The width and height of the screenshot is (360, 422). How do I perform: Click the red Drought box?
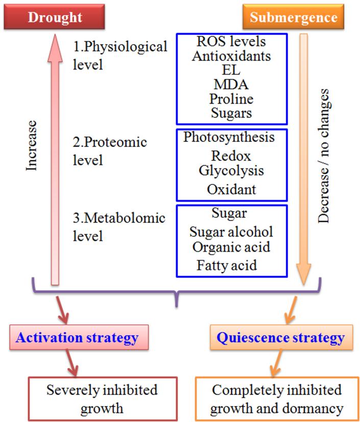pos(55,17)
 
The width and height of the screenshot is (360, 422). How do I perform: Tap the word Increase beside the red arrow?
pos(32,145)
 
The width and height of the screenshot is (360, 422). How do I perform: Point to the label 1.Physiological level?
pos(120,56)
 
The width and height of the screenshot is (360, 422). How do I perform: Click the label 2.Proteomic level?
pos(110,151)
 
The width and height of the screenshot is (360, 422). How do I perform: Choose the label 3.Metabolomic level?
pos(119,227)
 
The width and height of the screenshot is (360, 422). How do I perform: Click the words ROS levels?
pos(232,41)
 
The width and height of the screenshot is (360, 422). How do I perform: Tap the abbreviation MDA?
pos(232,85)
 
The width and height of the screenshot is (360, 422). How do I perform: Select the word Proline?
pos(232,98)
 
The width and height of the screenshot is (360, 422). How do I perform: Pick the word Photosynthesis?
pos(229,137)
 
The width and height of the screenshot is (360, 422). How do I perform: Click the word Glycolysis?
pos(231,170)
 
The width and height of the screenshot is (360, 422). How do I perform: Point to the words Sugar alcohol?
pos(231,232)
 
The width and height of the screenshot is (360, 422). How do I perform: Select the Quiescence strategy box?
pos(281,337)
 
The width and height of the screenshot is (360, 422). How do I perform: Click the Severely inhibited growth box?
pos(102,399)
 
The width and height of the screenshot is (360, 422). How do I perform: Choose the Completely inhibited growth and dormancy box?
pos(277,399)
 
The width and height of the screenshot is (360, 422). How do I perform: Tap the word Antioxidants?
pos(232,56)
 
